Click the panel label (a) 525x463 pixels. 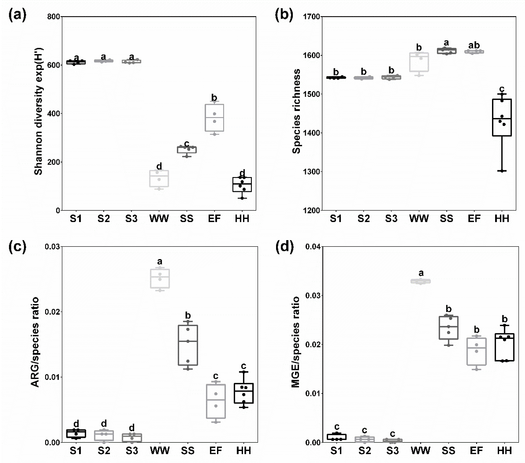(17, 15)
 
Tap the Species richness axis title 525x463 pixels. (296, 111)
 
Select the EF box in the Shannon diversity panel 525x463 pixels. (214, 118)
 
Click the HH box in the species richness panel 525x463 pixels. (502, 117)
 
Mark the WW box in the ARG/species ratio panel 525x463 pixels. (160, 278)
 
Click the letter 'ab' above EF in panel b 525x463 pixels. (474, 45)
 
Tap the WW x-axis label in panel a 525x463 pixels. (159, 219)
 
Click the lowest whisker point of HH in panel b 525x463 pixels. (502, 171)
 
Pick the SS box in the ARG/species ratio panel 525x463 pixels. (188, 345)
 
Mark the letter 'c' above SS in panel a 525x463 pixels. (187, 143)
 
